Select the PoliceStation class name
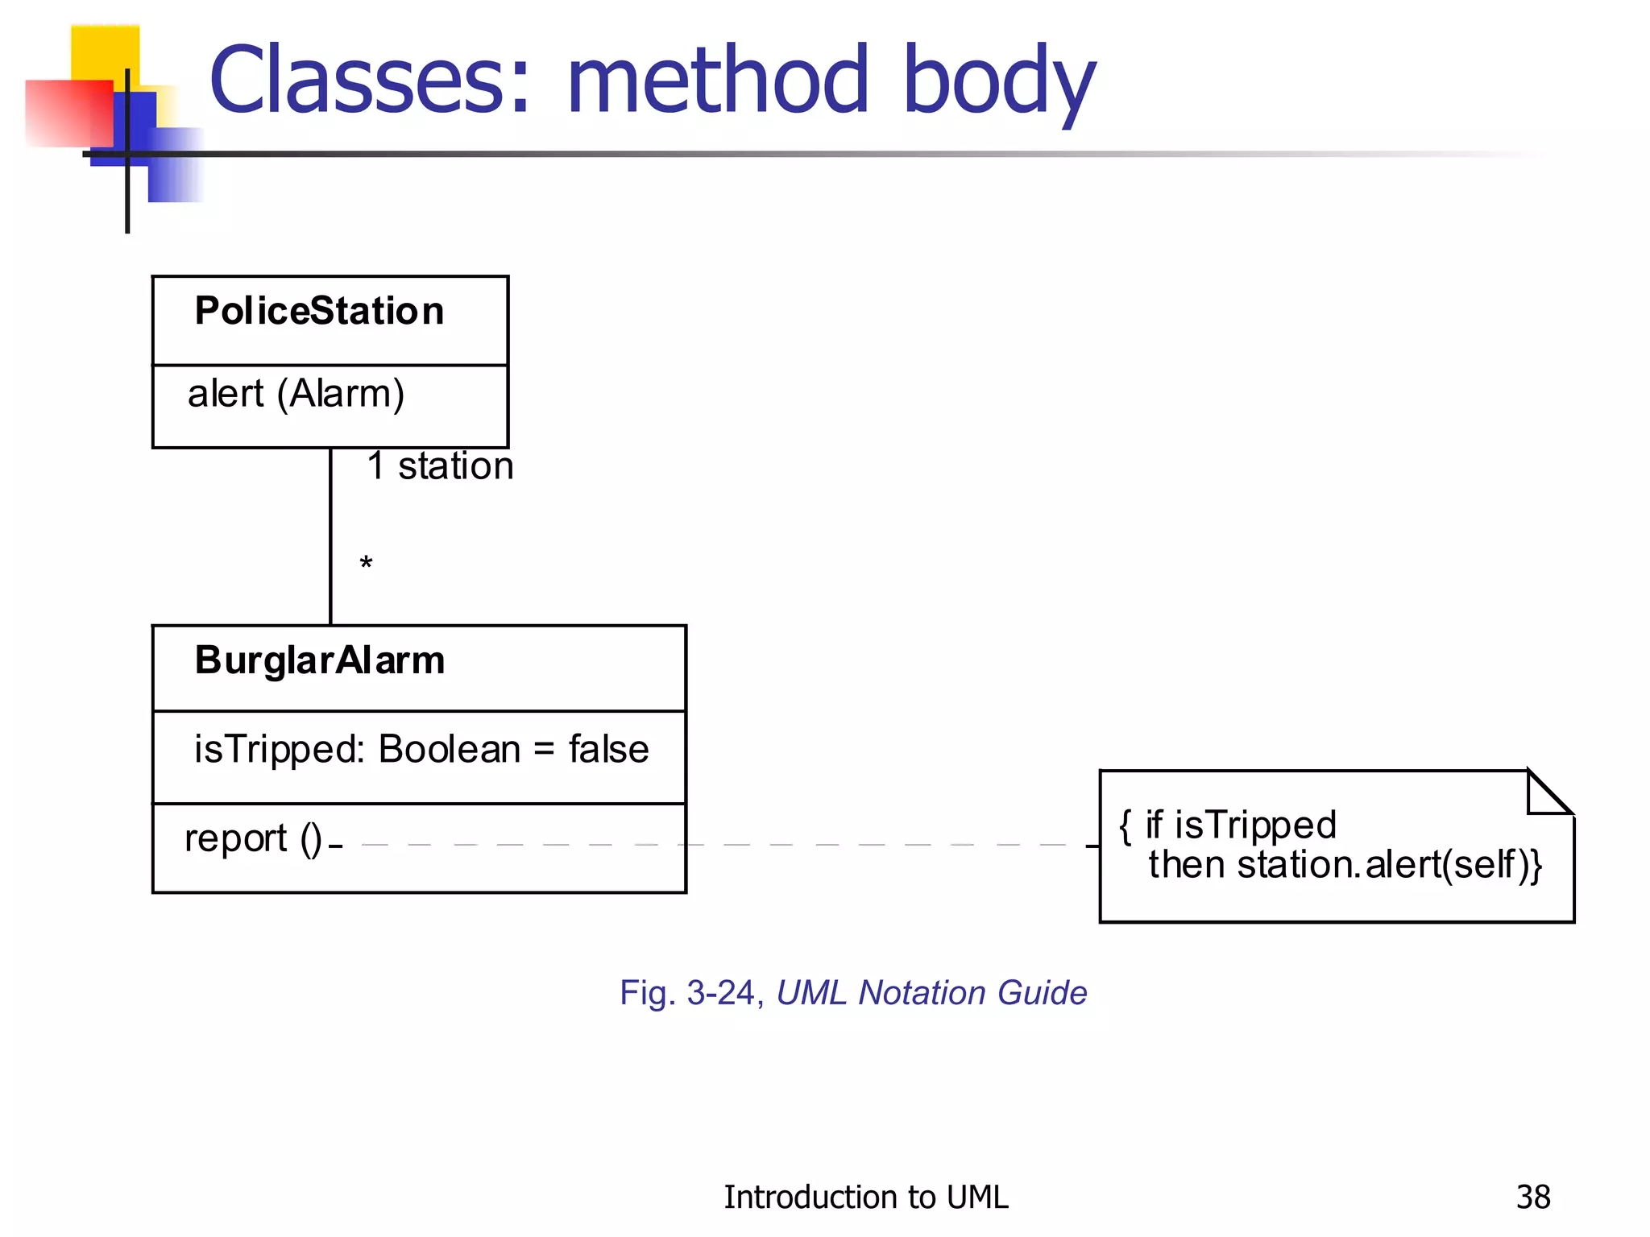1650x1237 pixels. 319,312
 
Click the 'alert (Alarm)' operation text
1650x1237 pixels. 296,395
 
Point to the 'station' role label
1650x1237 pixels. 455,466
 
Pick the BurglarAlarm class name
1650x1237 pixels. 319,661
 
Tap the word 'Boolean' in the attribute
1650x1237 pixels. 450,750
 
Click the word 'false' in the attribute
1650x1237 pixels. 608,750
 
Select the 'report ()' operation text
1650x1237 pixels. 252,839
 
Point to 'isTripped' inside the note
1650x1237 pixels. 1255,825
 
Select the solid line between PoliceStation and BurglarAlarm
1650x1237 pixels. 331,536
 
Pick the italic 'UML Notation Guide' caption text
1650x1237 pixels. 931,993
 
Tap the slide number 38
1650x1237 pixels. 1532,1198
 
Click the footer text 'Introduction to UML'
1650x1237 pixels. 865,1198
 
